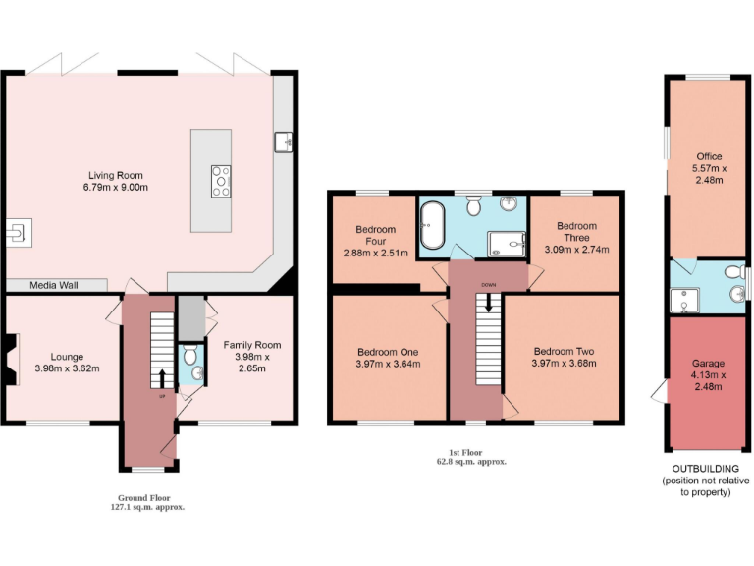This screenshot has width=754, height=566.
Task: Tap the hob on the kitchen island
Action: pyautogui.click(x=221, y=181)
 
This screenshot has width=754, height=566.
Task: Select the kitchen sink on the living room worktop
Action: pyautogui.click(x=286, y=142)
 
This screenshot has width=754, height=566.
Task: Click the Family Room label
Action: pyautogui.click(x=251, y=345)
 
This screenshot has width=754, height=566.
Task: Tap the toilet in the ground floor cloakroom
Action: pyautogui.click(x=190, y=355)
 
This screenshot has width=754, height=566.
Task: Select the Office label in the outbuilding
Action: pyautogui.click(x=709, y=156)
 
